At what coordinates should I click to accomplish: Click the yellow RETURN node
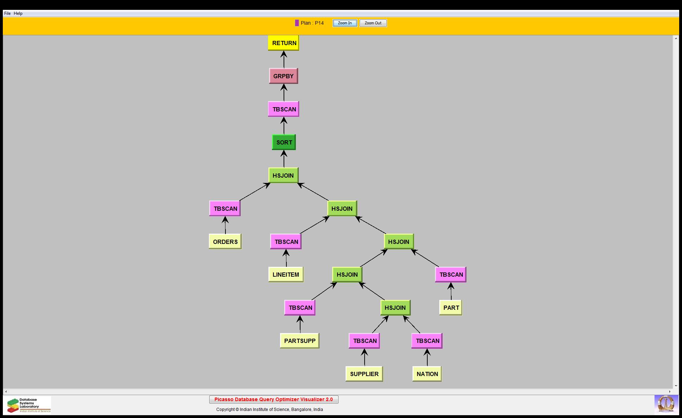pyautogui.click(x=284, y=43)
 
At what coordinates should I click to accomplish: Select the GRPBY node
pyautogui.click(x=284, y=76)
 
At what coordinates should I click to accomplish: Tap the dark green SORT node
pyautogui.click(x=284, y=142)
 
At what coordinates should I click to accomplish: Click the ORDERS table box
pyautogui.click(x=225, y=242)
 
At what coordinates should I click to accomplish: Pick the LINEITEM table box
pyautogui.click(x=286, y=275)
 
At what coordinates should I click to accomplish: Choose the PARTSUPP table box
pyautogui.click(x=299, y=341)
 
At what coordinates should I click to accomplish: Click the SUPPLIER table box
pyautogui.click(x=364, y=374)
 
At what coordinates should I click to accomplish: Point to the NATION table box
pyautogui.click(x=427, y=374)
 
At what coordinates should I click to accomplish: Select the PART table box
pyautogui.click(x=451, y=308)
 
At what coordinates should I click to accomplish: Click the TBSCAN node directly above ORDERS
pyautogui.click(x=225, y=209)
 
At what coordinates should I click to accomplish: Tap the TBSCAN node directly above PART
pyautogui.click(x=451, y=275)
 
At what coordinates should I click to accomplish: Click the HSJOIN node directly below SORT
pyautogui.click(x=283, y=176)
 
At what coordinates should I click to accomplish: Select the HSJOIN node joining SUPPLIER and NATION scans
pyautogui.click(x=395, y=308)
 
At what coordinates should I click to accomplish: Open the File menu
pyautogui.click(x=7, y=13)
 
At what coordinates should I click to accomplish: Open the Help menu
pyautogui.click(x=18, y=13)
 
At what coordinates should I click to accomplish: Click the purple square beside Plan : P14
pyautogui.click(x=297, y=23)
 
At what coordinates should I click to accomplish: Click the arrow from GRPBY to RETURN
pyautogui.click(x=284, y=60)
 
